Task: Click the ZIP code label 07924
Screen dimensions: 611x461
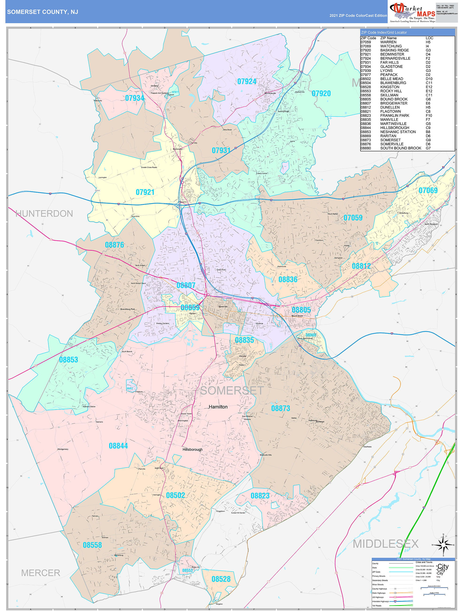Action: pos(247,82)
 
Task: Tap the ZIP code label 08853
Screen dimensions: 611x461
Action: pos(69,360)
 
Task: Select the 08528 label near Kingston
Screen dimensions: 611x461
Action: pos(221,579)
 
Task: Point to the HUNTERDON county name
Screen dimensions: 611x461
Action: pos(44,214)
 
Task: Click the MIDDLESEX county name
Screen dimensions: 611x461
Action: pos(386,544)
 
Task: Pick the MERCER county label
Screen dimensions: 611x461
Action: pos(41,573)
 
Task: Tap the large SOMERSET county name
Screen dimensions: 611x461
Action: pos(232,391)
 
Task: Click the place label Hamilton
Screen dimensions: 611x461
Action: pos(218,407)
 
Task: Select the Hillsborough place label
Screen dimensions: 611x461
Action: pos(192,449)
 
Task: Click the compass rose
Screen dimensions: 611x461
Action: pos(443,545)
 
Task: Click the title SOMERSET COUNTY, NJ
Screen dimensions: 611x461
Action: pos(43,12)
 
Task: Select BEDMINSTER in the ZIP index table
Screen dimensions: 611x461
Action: pos(392,55)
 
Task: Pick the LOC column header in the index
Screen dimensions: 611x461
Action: pos(429,38)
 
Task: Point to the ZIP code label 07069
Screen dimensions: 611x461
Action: pos(428,190)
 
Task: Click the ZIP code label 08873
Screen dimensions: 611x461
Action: pos(280,408)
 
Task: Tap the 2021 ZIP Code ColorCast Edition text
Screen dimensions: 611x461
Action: pos(358,16)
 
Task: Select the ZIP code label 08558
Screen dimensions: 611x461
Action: pos(92,545)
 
